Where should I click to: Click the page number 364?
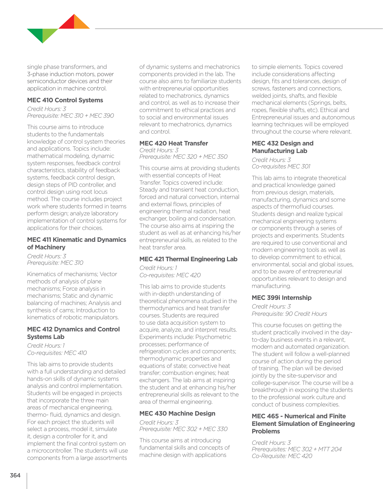(15, 475)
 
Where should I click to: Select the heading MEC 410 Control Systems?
(65, 100)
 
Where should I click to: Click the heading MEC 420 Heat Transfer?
(173, 143)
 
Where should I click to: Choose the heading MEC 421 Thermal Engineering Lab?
(188, 259)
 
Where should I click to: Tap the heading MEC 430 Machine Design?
(177, 413)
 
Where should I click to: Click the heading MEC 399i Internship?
(281, 298)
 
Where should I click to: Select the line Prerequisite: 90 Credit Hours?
(289, 314)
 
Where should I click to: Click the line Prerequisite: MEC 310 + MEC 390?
(70, 116)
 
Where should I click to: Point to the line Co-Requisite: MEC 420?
(282, 456)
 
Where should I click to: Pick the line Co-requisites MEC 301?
(281, 166)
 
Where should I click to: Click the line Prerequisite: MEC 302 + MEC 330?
(183, 429)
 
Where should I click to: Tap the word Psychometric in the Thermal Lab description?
(213, 337)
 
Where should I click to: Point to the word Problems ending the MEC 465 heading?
(266, 431)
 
